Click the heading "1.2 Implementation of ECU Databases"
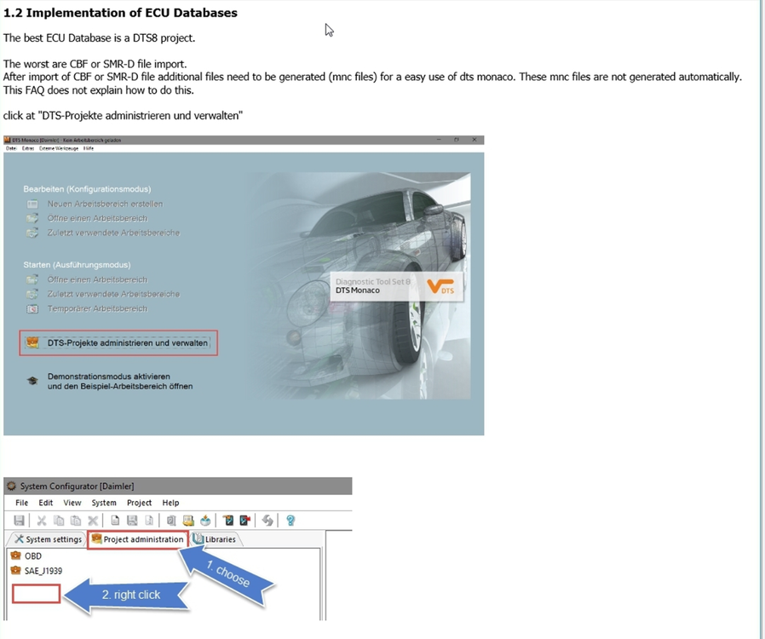tap(120, 13)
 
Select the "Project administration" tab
tap(137, 539)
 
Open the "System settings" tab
tap(47, 539)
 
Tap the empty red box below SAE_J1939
tap(36, 593)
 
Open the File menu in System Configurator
tap(22, 503)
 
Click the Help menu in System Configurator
tap(170, 503)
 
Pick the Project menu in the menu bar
tap(139, 503)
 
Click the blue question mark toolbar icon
tap(290, 521)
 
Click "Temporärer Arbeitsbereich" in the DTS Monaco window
tap(97, 308)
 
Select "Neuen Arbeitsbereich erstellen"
tap(105, 204)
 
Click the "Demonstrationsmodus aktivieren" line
tap(109, 376)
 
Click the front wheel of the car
tap(426, 341)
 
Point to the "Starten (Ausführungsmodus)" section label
tap(77, 265)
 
